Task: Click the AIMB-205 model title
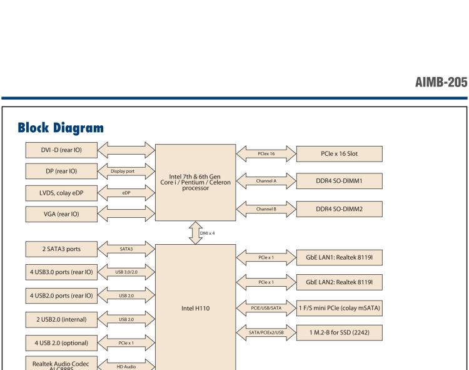(x=441, y=82)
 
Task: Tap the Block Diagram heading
(x=61, y=128)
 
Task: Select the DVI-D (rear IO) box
(x=61, y=150)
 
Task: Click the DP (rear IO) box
(x=61, y=172)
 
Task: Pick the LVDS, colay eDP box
(x=61, y=193)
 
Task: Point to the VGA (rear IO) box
(x=61, y=214)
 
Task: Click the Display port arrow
(x=126, y=172)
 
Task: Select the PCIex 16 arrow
(x=266, y=154)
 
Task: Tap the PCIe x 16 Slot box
(x=339, y=154)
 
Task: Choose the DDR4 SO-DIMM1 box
(x=339, y=181)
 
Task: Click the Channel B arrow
(x=266, y=209)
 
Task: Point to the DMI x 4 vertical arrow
(x=196, y=233)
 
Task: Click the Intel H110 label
(x=196, y=308)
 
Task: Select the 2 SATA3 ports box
(x=61, y=249)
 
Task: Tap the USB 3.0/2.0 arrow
(x=126, y=272)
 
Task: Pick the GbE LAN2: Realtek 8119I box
(x=339, y=282)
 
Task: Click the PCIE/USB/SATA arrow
(x=266, y=308)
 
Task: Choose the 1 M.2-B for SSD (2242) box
(x=339, y=332)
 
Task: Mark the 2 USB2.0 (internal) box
(x=61, y=320)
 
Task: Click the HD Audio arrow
(x=126, y=366)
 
